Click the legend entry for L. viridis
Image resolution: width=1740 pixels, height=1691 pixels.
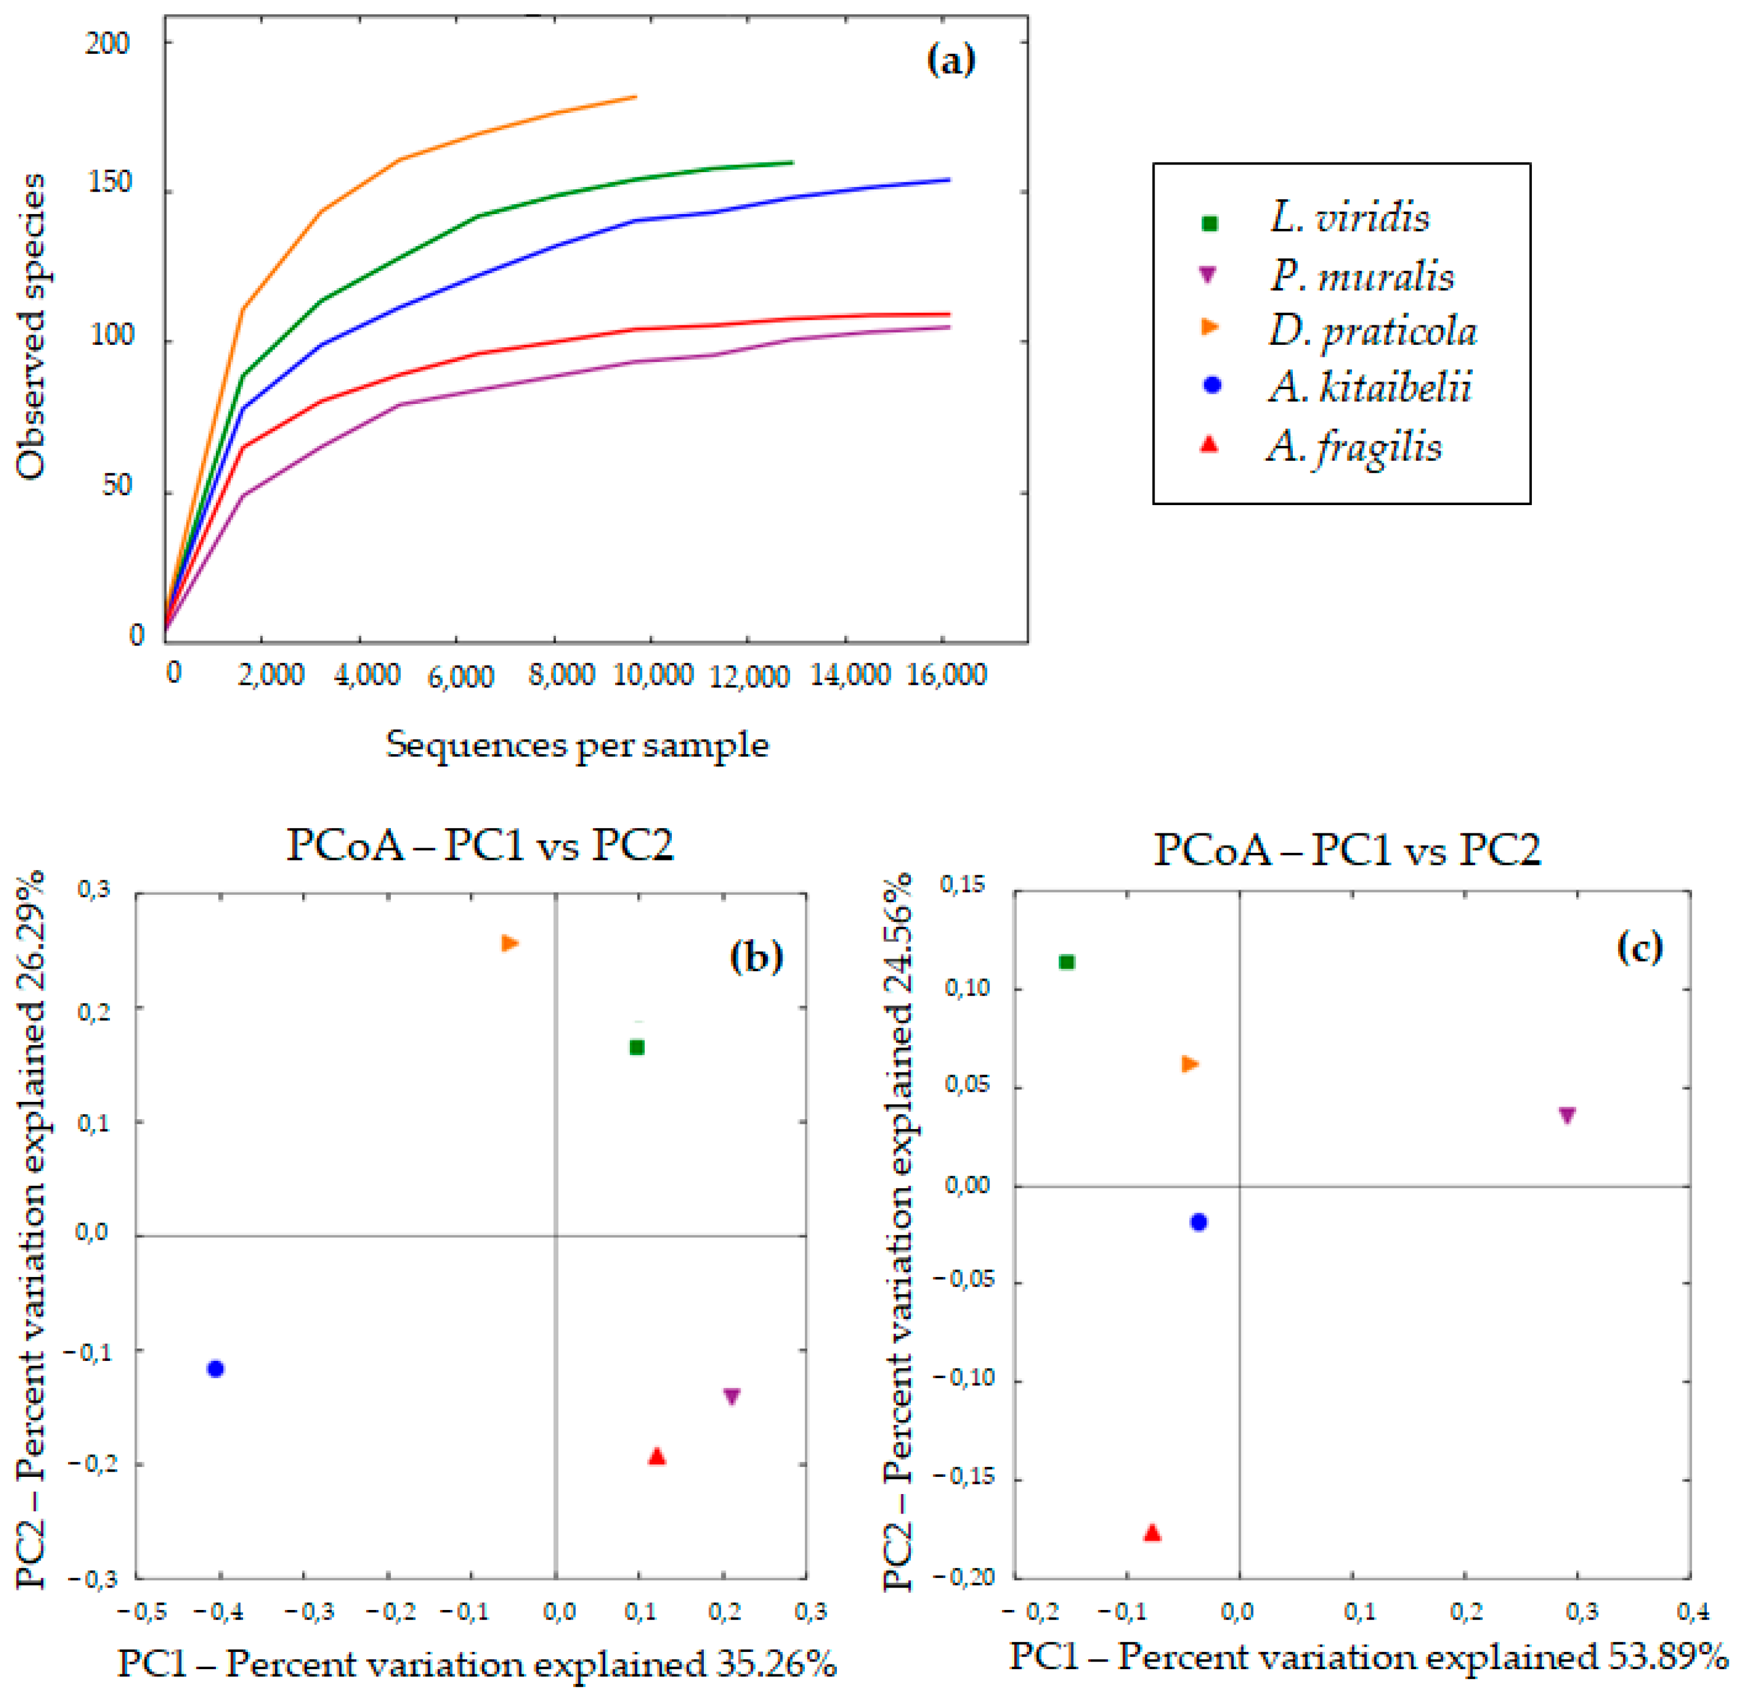click(1348, 218)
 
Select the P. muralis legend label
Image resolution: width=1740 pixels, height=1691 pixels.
click(1361, 276)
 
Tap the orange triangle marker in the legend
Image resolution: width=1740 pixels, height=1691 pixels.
click(1209, 328)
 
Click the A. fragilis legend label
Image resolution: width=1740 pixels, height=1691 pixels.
click(1354, 446)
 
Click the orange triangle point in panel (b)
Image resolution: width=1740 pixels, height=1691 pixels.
click(510, 943)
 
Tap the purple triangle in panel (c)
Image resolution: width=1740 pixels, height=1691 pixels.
click(1568, 1116)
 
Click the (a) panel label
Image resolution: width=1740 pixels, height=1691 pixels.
click(950, 60)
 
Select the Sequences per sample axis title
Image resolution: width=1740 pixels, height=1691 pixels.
click(577, 744)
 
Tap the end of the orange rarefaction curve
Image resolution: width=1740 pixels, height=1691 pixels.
click(635, 97)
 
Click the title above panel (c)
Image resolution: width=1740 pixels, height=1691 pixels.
click(1347, 850)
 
